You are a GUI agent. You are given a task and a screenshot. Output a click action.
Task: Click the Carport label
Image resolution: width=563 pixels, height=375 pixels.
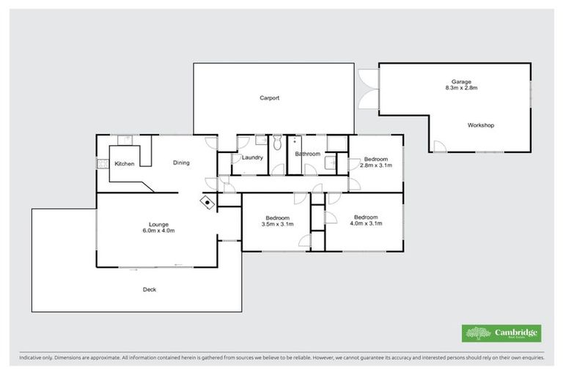269,97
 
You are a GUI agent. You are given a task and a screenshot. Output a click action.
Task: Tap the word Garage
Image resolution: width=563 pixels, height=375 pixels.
461,82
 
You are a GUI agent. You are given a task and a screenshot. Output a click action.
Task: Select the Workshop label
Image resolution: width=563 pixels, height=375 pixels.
481,125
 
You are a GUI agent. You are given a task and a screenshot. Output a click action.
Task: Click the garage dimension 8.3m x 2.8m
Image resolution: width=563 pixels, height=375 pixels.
461,89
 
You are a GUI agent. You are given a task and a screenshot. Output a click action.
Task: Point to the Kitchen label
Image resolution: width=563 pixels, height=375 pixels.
124,163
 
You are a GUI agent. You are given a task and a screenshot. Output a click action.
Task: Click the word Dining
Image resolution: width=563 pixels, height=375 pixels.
182,163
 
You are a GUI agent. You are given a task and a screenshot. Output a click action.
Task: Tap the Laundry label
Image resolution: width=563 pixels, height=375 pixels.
252,157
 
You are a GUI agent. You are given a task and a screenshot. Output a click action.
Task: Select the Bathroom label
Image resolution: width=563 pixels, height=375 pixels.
307,154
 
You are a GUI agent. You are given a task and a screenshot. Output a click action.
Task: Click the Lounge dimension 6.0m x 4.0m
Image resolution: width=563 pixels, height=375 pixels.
158,231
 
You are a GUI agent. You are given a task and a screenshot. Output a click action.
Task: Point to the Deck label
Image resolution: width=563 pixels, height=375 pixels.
150,289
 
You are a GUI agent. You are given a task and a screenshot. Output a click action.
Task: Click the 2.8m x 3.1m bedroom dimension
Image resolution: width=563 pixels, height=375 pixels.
377,166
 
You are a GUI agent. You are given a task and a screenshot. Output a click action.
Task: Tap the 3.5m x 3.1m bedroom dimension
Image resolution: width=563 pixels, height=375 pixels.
278,225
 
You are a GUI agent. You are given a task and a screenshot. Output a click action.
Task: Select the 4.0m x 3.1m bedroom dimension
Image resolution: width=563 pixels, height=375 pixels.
366,223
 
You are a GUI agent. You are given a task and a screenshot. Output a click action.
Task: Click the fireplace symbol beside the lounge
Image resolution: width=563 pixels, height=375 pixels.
208,202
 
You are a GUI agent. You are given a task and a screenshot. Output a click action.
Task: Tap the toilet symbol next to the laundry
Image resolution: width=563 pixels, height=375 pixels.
276,144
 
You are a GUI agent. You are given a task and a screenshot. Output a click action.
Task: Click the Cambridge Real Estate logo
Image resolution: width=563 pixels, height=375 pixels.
501,333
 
